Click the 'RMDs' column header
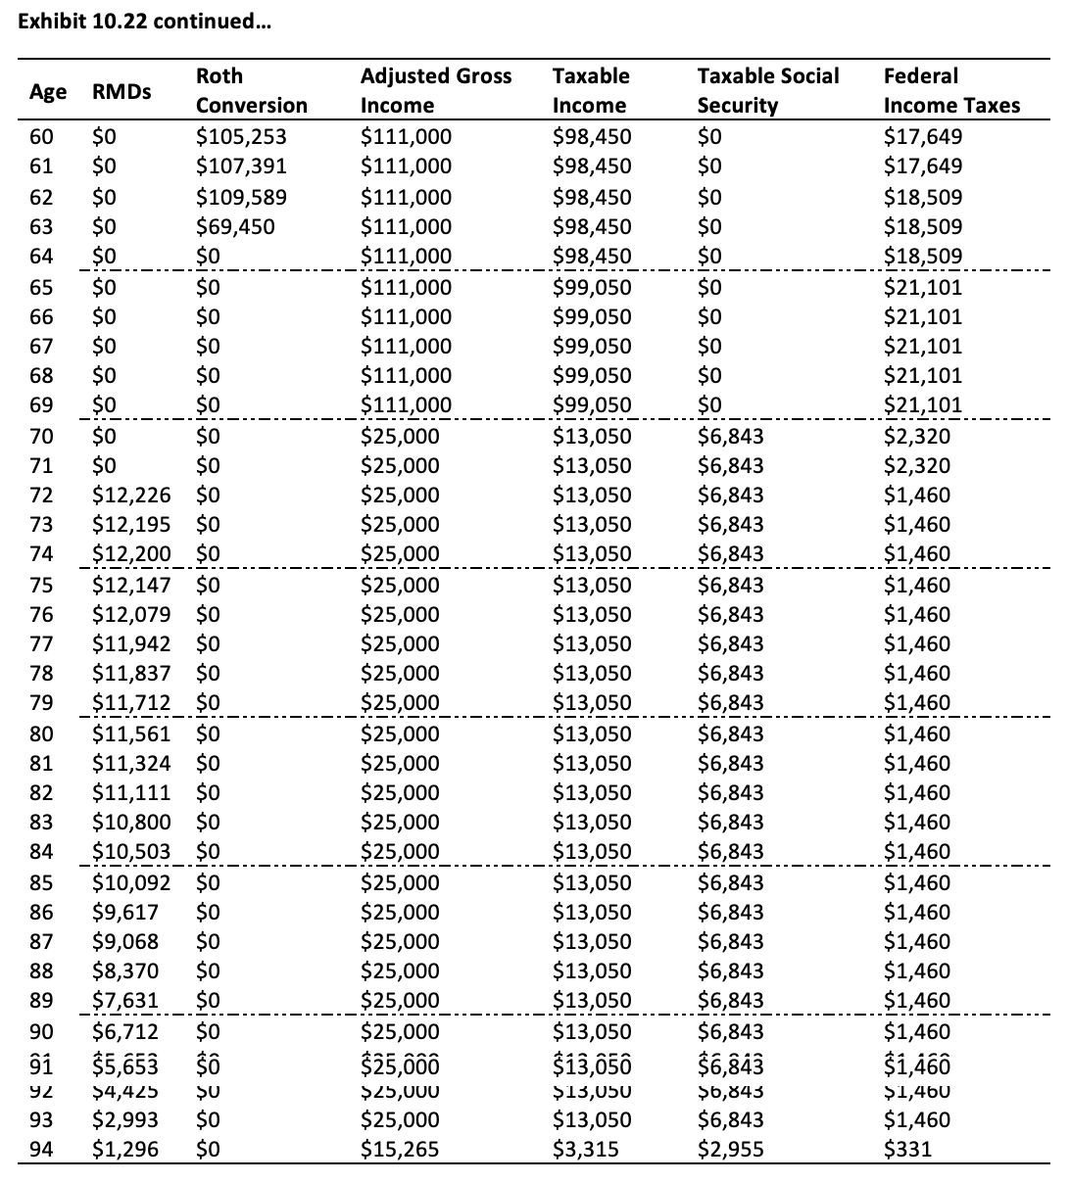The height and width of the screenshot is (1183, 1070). coord(122,92)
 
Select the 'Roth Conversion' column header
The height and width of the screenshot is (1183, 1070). coord(251,90)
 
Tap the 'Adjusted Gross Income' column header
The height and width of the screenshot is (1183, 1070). coord(435,90)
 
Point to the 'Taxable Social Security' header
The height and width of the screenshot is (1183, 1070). coord(767,90)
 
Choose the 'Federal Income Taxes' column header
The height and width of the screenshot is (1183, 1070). coord(950,90)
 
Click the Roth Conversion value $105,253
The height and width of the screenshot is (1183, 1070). coord(241,137)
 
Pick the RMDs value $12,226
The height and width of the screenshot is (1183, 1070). coord(130,496)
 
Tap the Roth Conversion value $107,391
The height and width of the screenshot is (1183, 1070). coord(241,166)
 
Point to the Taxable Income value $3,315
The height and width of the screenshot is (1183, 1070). coord(585,1150)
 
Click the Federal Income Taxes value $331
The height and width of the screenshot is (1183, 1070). coord(906,1150)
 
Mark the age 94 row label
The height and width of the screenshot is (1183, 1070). coord(41,1150)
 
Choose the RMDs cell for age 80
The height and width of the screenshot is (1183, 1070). coord(130,734)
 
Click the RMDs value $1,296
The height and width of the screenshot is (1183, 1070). coord(124,1150)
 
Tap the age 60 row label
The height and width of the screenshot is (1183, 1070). coord(41,137)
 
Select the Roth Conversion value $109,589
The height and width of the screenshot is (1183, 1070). coord(241,198)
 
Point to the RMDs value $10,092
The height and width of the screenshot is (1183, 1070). coord(130,883)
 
